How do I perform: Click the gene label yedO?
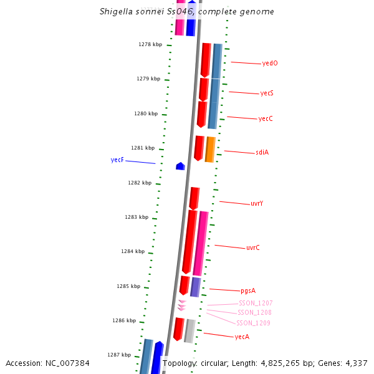[x=270, y=63]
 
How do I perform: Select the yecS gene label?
[x=267, y=93]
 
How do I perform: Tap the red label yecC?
[x=266, y=118]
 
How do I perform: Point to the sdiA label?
[x=262, y=152]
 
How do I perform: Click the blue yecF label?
[x=117, y=160]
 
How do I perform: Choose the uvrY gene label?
[x=257, y=203]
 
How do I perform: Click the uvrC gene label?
[x=253, y=247]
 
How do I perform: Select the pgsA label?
[x=248, y=290]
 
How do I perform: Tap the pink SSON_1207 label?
[x=256, y=303]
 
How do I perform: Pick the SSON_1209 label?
[x=253, y=323]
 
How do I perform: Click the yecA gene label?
[x=242, y=337]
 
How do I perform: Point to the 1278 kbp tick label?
[x=150, y=44]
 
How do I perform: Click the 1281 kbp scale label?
[x=143, y=148]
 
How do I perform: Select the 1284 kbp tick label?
[x=133, y=251]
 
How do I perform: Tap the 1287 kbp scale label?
[x=119, y=355]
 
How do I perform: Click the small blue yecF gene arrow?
[x=180, y=166]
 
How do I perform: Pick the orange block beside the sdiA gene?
[x=210, y=150]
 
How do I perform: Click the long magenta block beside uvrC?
[x=200, y=243]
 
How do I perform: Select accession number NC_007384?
[x=47, y=363]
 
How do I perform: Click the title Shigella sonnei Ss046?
[x=186, y=12]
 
